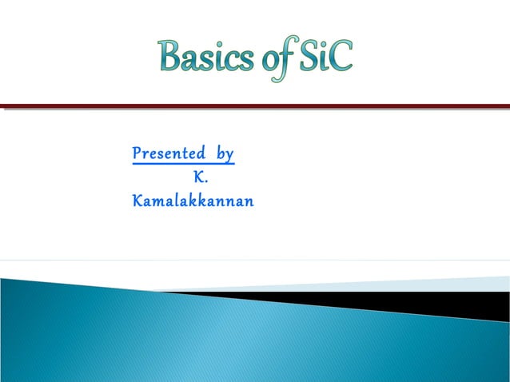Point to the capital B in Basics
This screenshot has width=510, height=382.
point(170,56)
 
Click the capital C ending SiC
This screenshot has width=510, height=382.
point(341,57)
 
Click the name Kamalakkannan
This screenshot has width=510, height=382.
point(193,201)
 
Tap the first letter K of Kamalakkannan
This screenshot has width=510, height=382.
point(137,201)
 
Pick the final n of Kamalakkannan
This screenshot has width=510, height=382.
point(249,203)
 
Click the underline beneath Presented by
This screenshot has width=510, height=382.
point(183,164)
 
